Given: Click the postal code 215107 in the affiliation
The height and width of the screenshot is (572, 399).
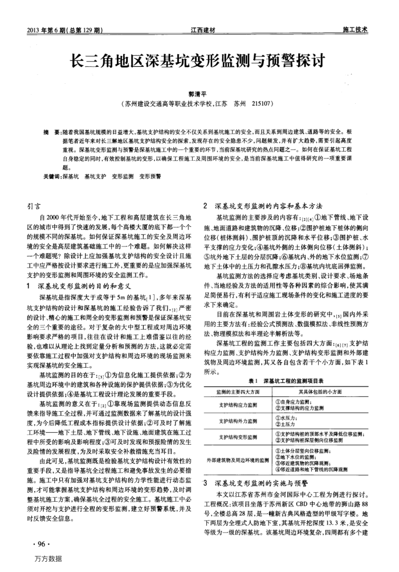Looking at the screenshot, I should point(266,105).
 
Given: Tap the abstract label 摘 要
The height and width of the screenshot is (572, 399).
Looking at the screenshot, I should point(51,131).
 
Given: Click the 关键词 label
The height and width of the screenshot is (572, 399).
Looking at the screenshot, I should point(52,177).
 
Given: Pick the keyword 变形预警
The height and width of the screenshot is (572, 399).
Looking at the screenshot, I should point(150,177).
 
